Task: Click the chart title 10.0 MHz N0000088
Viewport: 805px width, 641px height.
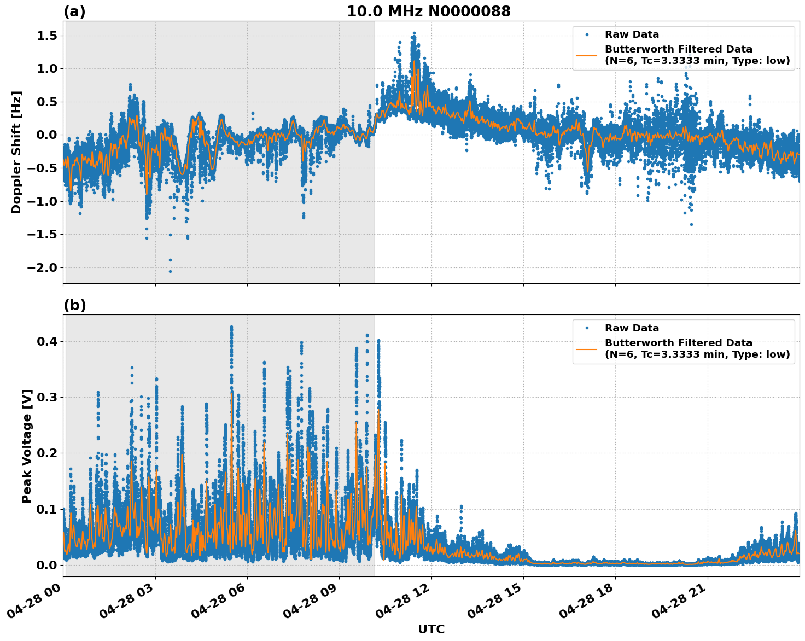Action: [429, 11]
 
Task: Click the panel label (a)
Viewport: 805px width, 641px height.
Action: [74, 11]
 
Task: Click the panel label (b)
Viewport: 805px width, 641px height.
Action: [74, 305]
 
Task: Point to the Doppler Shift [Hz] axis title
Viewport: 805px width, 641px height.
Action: [16, 152]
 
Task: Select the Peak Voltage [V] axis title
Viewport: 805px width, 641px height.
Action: [27, 446]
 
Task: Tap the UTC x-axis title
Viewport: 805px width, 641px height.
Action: [431, 629]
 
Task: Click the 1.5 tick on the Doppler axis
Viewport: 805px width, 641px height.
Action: [46, 36]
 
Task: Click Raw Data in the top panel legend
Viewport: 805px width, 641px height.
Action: [632, 34]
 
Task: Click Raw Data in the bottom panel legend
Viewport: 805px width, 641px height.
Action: [632, 328]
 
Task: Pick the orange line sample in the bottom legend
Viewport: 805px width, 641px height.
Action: [587, 348]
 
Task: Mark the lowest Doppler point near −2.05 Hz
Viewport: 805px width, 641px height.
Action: [170, 271]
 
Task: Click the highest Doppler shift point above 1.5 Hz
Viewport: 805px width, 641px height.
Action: [414, 33]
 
